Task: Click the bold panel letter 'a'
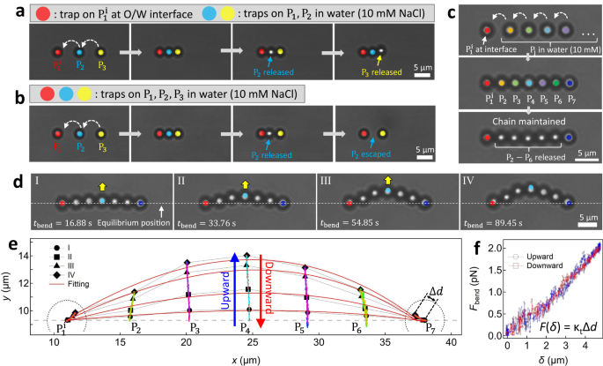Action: (7, 12)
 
